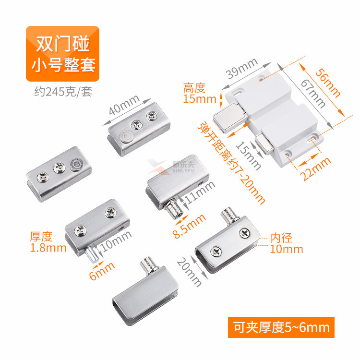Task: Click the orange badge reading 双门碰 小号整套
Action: pos(62,54)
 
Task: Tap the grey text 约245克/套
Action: pos(63,92)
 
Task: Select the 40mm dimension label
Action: pos(124,105)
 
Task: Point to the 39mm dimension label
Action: pos(241,68)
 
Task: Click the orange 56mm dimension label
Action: pos(328,84)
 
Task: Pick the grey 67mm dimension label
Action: pos(313,93)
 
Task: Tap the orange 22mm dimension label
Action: pos(315,169)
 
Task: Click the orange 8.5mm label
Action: pos(189,226)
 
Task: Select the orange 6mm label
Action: pos(102,271)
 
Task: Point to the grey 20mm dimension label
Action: pos(189,272)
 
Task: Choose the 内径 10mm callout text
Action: pos(286,243)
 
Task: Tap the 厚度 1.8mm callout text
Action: pos(48,242)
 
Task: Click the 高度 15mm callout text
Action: pos(200,93)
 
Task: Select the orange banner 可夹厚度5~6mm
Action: pos(281,327)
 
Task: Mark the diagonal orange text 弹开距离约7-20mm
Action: pos(231,163)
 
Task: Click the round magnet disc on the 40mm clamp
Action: pos(126,136)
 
